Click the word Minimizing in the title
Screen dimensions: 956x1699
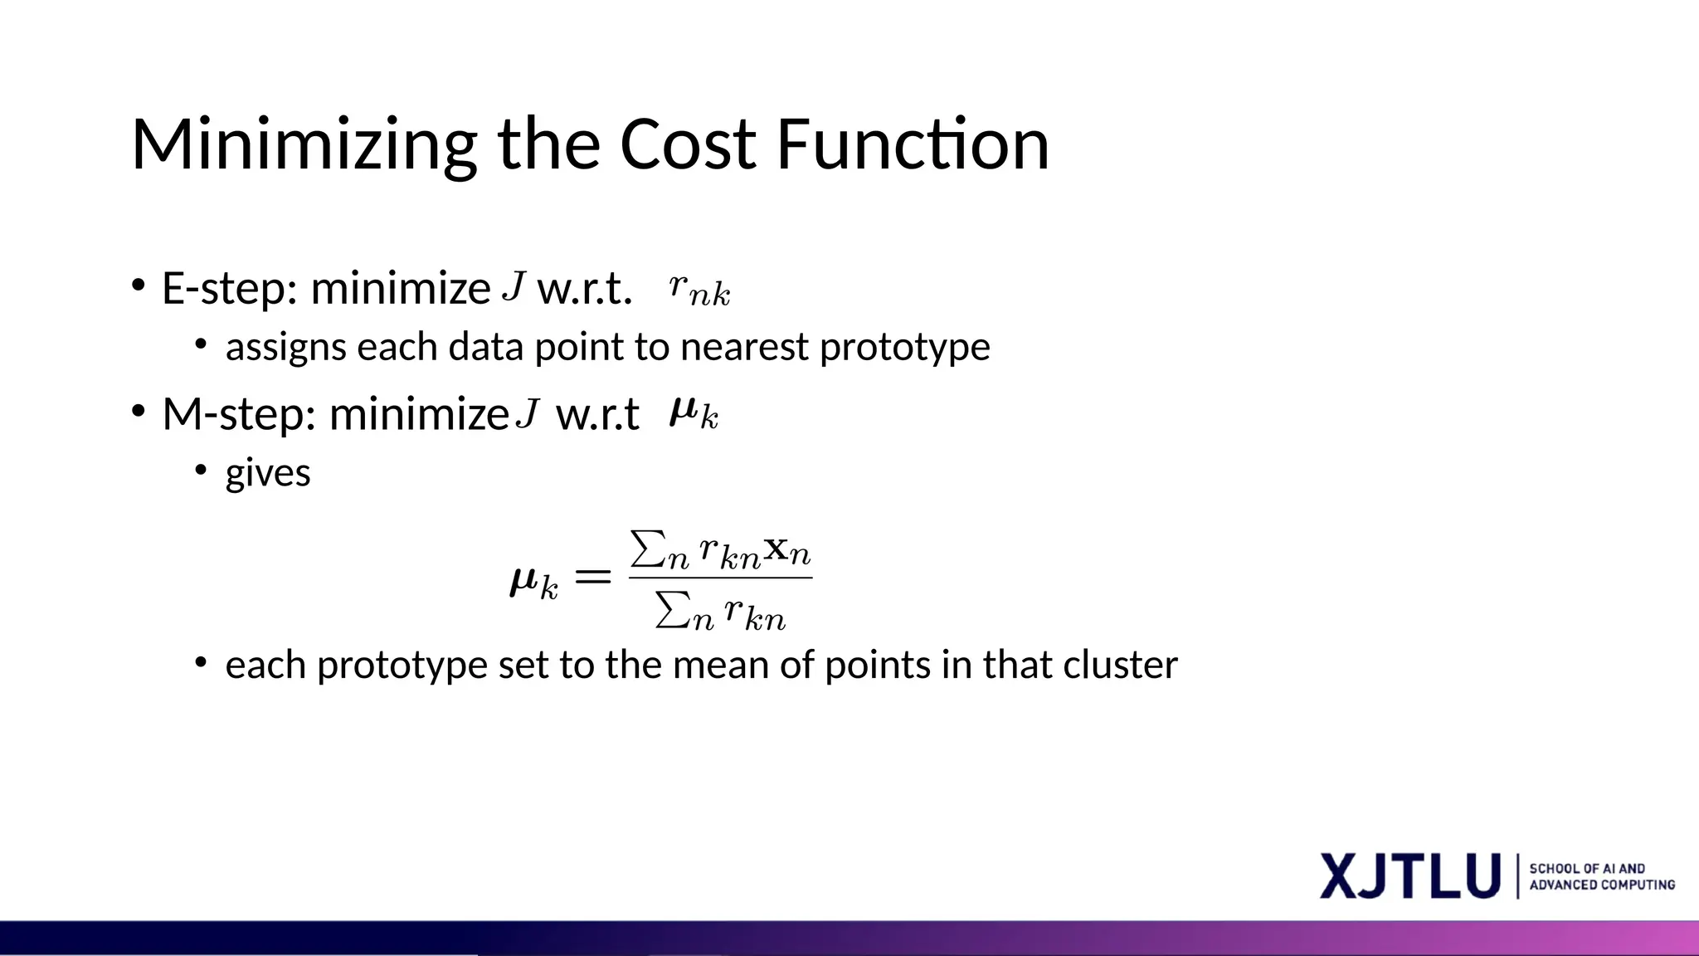(304, 146)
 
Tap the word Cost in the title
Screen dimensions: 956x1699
(688, 144)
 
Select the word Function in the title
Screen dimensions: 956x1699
(913, 144)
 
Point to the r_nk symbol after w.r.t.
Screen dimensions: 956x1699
(699, 291)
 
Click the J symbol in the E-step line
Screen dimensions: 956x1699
(514, 287)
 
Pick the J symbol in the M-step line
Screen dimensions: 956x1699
(528, 412)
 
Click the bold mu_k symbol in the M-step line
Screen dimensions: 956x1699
(694, 412)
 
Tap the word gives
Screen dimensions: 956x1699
(268, 474)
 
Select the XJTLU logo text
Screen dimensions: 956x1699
(1409, 876)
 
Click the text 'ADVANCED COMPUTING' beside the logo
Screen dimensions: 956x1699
(1602, 885)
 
